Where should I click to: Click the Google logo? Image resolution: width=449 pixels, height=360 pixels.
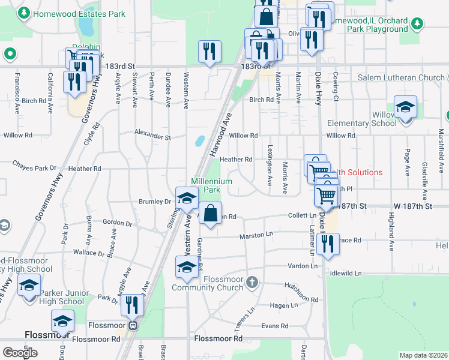(20, 353)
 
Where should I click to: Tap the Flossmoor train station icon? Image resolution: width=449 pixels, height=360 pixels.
(134, 326)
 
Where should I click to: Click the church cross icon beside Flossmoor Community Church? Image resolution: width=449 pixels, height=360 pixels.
(253, 281)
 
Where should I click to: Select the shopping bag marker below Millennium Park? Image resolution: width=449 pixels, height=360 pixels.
(210, 214)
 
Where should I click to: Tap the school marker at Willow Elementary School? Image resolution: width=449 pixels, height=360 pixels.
(405, 108)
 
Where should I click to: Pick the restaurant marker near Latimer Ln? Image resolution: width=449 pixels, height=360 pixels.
(327, 244)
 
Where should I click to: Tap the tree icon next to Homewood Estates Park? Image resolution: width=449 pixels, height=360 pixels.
(24, 12)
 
